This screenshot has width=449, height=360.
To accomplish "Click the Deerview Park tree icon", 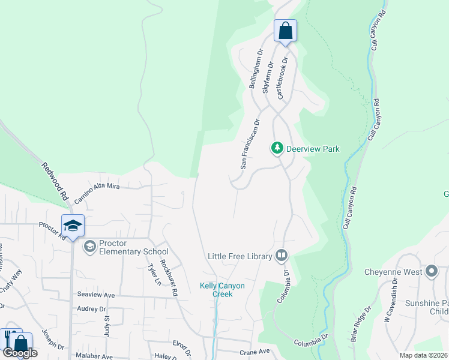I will [x=277, y=148].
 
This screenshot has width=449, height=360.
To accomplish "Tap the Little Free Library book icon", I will [x=281, y=256].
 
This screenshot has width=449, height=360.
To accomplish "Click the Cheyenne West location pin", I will [x=431, y=272].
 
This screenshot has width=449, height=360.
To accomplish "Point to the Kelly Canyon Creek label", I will [x=222, y=290].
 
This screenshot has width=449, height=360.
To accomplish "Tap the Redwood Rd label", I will [x=55, y=181].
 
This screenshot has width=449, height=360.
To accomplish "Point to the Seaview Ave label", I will [x=95, y=295].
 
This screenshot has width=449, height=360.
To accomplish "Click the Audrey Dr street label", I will [x=92, y=309].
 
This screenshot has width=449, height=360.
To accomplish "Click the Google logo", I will [x=20, y=353].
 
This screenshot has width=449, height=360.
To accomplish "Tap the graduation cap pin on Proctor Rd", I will [x=73, y=226].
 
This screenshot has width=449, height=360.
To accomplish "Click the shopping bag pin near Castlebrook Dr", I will [x=286, y=30].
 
